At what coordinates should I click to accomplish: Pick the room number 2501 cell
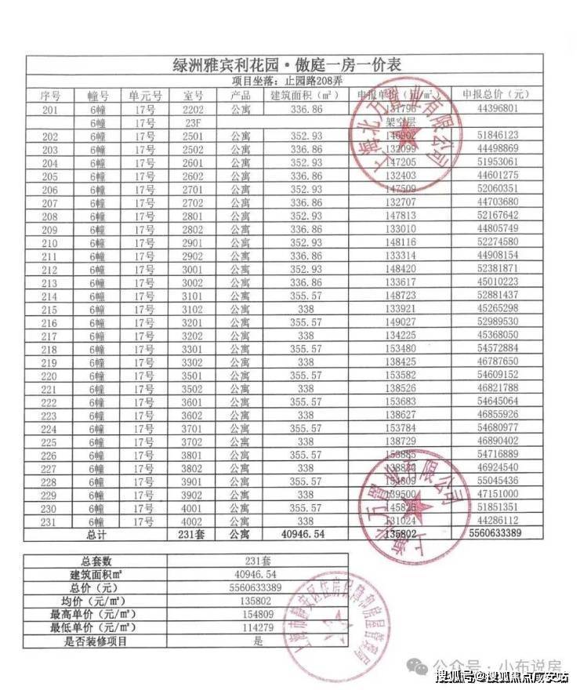193,136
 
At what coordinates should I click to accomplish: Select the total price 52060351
498,189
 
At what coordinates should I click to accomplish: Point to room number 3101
193,295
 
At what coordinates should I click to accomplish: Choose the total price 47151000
498,494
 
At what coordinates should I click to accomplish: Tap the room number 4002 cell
193,521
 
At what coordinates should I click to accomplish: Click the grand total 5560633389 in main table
497,534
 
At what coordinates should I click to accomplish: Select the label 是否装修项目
95,641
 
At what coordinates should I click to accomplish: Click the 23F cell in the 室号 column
193,122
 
